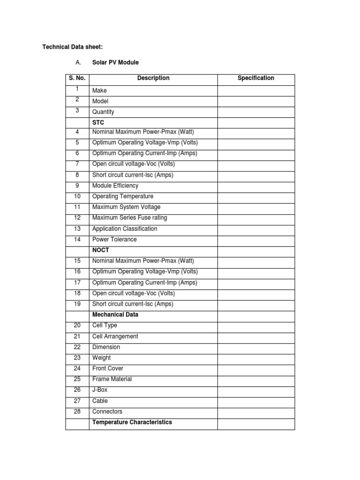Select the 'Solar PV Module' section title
click(x=115, y=62)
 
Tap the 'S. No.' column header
click(x=77, y=78)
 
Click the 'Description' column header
click(x=153, y=78)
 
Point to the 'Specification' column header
click(x=256, y=78)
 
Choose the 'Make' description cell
click(x=99, y=90)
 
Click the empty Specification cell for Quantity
click(x=256, y=112)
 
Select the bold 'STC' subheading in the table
click(x=98, y=122)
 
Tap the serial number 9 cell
click(x=77, y=186)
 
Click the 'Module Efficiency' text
click(x=115, y=186)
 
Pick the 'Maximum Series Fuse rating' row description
click(x=129, y=217)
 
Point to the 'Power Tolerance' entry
click(x=114, y=240)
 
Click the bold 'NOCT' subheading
click(x=101, y=250)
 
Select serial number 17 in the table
click(x=77, y=283)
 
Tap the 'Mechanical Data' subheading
click(x=115, y=315)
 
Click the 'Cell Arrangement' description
click(x=115, y=337)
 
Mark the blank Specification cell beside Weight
click(x=256, y=358)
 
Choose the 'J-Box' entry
click(x=100, y=390)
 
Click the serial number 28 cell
click(x=77, y=412)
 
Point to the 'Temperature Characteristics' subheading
click(x=132, y=422)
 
